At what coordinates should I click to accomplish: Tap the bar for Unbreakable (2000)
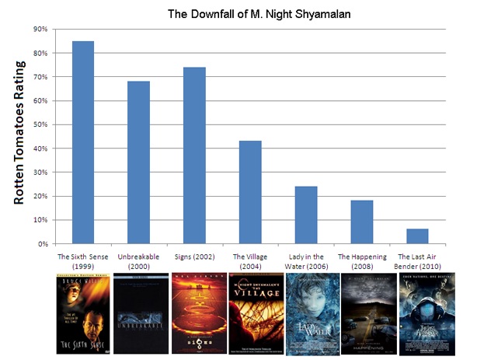coord(138,163)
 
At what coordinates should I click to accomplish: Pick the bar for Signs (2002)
coord(194,156)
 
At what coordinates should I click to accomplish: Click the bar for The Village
coord(250,192)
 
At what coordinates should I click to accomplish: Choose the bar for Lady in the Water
coord(305,215)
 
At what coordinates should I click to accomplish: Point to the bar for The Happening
coord(361,222)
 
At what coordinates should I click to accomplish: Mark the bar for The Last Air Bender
coord(416,236)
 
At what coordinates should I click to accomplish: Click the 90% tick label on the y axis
coord(40,30)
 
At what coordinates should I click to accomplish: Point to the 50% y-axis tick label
coord(40,124)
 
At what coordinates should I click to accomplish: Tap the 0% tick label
coord(42,244)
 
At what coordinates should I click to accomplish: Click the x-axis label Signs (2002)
coord(194,256)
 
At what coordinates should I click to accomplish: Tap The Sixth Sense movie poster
coord(82,313)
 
